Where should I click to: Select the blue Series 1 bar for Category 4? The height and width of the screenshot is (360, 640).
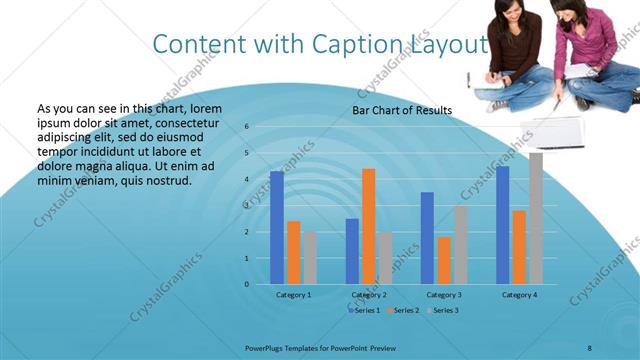pyautogui.click(x=502, y=225)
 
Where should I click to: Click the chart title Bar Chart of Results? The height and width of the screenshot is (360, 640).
pyautogui.click(x=402, y=110)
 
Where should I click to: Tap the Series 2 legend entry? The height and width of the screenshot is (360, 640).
pyautogui.click(x=403, y=310)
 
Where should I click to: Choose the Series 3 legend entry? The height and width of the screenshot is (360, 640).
pyautogui.click(x=444, y=310)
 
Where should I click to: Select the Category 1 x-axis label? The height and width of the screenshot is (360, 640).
pyautogui.click(x=293, y=295)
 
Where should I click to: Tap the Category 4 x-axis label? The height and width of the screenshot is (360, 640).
pyautogui.click(x=519, y=295)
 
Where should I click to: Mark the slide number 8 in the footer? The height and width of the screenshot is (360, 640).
pyautogui.click(x=589, y=345)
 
